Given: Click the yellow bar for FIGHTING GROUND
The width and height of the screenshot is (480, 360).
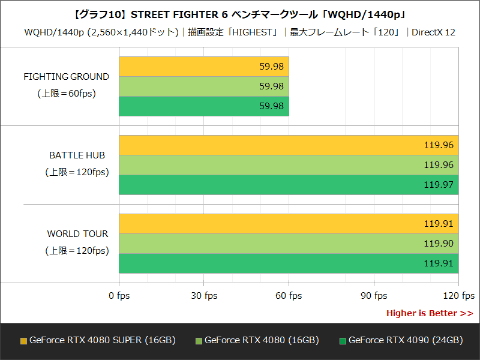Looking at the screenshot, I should (203, 67).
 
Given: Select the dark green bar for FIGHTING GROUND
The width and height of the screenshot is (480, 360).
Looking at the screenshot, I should (203, 105).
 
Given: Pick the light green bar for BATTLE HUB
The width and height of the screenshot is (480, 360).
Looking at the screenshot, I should (288, 164).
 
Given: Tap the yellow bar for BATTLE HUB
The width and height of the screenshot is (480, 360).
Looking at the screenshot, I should (288, 145).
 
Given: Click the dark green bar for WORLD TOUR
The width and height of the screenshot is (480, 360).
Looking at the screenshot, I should (288, 263).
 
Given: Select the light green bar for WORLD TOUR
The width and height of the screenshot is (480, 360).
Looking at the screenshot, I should (288, 243).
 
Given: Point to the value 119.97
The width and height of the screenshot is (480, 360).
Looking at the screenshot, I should (438, 184).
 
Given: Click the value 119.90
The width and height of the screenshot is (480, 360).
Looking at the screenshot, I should (438, 243).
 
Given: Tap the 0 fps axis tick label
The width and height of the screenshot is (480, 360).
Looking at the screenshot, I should (118, 296).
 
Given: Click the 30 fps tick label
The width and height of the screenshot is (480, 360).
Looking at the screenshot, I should (203, 296).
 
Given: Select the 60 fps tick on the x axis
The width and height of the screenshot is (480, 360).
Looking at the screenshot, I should (288, 296).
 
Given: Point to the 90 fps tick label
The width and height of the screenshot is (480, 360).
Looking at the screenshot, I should (373, 296).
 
